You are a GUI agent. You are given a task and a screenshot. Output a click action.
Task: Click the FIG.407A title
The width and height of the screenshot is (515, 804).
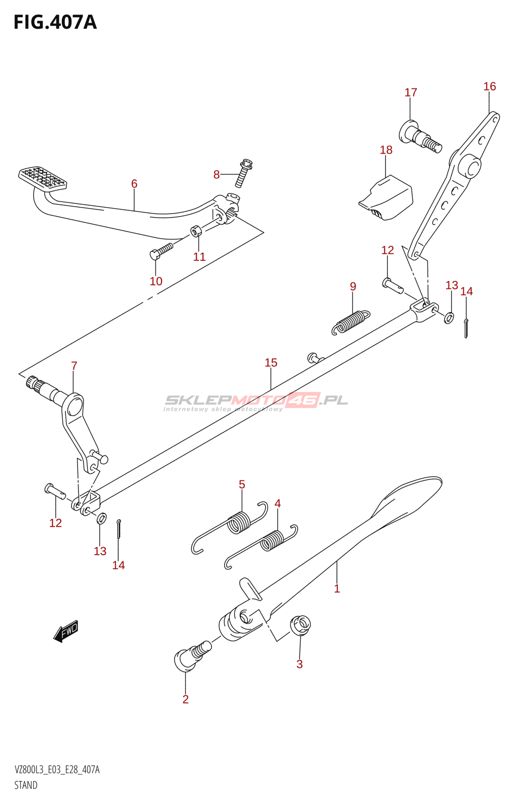click(x=55, y=23)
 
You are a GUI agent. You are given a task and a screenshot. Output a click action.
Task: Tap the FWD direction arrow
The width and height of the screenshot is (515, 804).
click(x=66, y=631)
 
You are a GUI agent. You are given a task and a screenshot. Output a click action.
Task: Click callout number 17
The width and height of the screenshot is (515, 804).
click(x=411, y=92)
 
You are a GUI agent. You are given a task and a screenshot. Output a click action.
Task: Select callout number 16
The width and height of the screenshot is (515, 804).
click(x=489, y=86)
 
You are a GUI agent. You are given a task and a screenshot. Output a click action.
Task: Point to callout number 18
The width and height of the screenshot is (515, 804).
click(x=386, y=150)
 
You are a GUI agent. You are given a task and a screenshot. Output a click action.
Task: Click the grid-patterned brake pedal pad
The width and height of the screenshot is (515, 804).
click(x=43, y=178)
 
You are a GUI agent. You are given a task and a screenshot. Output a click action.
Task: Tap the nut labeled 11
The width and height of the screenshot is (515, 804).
click(x=196, y=231)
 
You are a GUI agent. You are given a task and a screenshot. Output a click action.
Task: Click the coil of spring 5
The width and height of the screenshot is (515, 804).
click(x=239, y=522)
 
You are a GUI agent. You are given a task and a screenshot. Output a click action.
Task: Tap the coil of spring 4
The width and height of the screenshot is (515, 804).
click(x=272, y=540)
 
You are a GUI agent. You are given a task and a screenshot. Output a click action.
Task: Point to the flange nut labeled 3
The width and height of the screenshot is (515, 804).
click(x=300, y=625)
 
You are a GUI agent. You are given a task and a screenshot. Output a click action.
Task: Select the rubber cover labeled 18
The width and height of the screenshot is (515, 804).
click(x=386, y=197)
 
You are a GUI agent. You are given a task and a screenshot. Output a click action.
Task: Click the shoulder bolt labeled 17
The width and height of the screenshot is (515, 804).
click(x=420, y=136)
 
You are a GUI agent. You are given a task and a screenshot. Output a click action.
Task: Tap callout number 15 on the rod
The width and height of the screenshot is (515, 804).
click(x=271, y=363)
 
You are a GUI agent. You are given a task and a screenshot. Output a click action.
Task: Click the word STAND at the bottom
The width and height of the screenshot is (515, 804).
click(x=26, y=785)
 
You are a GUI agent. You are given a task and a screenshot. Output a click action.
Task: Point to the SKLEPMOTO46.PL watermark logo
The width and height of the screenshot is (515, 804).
click(x=256, y=401)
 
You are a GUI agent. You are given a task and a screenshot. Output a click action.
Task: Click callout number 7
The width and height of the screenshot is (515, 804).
click(x=74, y=366)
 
